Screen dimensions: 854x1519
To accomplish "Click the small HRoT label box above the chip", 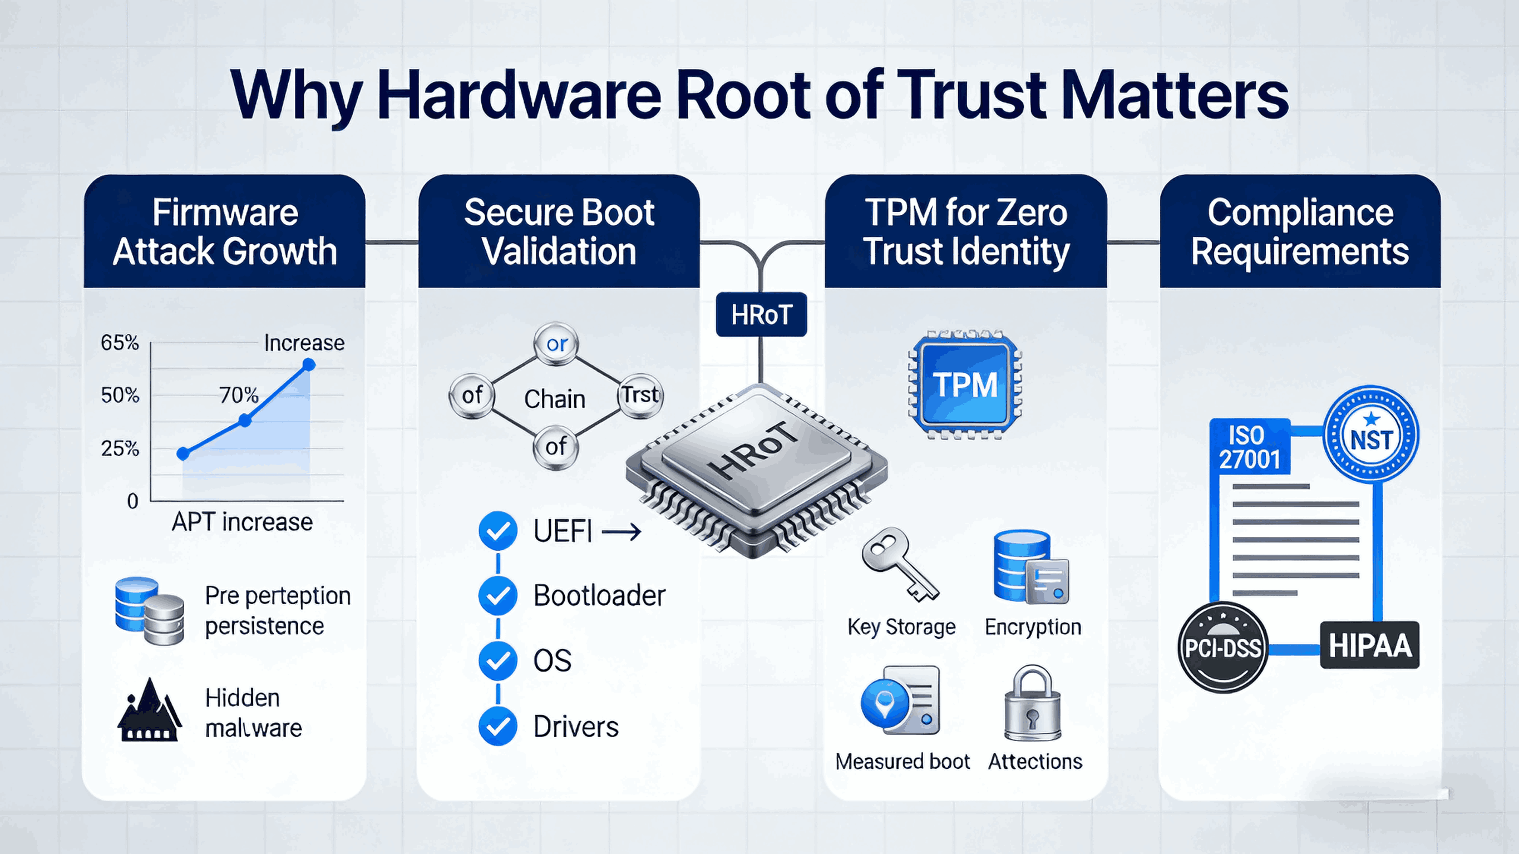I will point(761,314).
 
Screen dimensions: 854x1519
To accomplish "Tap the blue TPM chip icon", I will point(965,385).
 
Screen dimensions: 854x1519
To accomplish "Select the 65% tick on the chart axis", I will point(120,343).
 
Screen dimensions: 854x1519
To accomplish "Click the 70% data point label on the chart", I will point(238,394).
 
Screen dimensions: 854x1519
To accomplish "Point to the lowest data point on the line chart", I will point(184,453).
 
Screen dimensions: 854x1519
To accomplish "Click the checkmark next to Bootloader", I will point(497,596).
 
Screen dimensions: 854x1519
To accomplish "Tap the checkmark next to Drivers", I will point(497,727).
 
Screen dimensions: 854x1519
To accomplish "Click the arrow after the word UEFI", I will point(621,532).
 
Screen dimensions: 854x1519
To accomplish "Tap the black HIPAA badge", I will point(1369,645).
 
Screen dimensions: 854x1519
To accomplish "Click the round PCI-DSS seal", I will point(1222,648).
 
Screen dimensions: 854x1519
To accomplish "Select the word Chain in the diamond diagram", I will point(554,399).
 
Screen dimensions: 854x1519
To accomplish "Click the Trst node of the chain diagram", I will point(640,394).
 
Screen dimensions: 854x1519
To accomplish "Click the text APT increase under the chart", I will point(242,522).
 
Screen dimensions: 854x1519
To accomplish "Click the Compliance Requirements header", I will point(1300,232).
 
